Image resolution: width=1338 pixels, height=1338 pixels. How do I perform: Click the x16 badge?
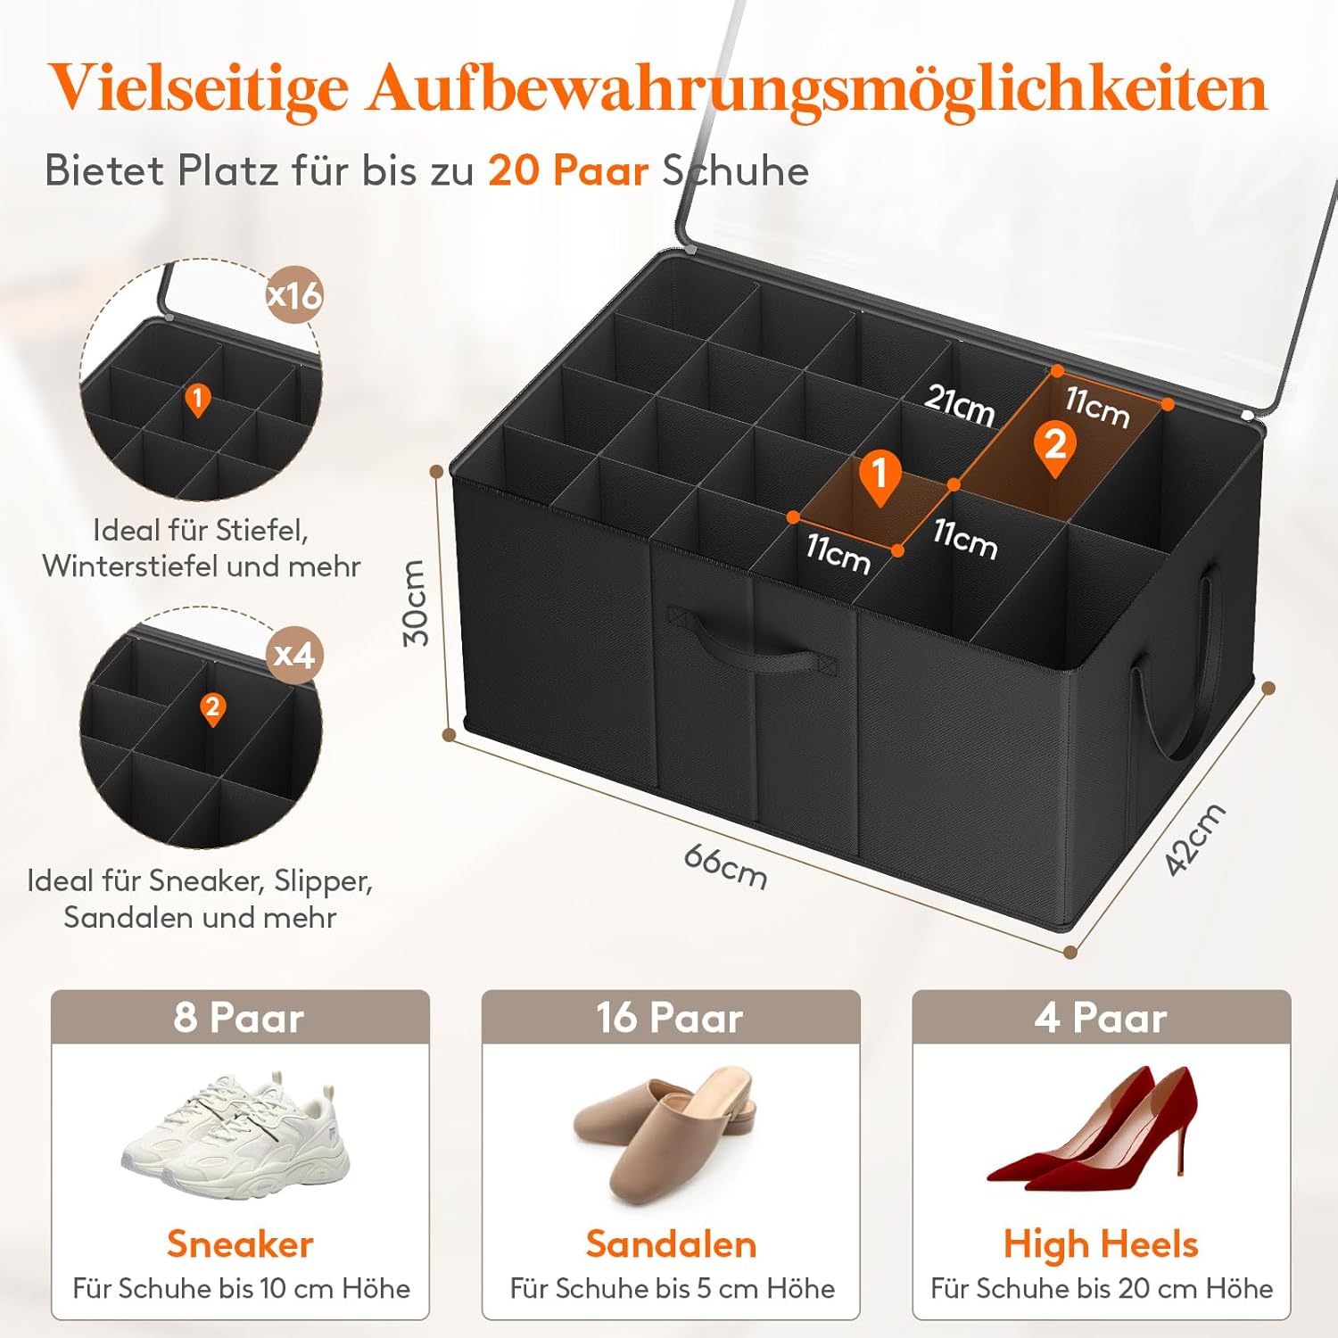click(295, 293)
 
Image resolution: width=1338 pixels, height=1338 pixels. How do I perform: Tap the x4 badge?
click(294, 656)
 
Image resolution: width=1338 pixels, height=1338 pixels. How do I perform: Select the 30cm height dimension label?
click(416, 602)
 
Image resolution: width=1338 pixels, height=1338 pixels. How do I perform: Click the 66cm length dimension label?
click(725, 866)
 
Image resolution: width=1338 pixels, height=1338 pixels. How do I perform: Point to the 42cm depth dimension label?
click(1195, 838)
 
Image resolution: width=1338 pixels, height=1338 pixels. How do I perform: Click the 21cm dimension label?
click(960, 404)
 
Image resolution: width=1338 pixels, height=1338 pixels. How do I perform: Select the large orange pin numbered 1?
click(880, 477)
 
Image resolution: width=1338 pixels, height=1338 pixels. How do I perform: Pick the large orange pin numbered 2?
click(1054, 449)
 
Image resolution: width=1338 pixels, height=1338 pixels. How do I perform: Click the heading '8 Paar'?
click(239, 1018)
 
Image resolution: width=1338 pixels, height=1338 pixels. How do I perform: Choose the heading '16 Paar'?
click(670, 1018)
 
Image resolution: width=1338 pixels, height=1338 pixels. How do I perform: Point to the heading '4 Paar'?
click(1101, 1018)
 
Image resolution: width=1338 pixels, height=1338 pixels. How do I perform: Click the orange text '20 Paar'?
click(568, 170)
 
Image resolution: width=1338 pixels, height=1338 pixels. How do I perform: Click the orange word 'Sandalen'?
click(671, 1244)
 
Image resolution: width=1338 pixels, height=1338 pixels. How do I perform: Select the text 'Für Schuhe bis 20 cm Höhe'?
click(1102, 1289)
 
